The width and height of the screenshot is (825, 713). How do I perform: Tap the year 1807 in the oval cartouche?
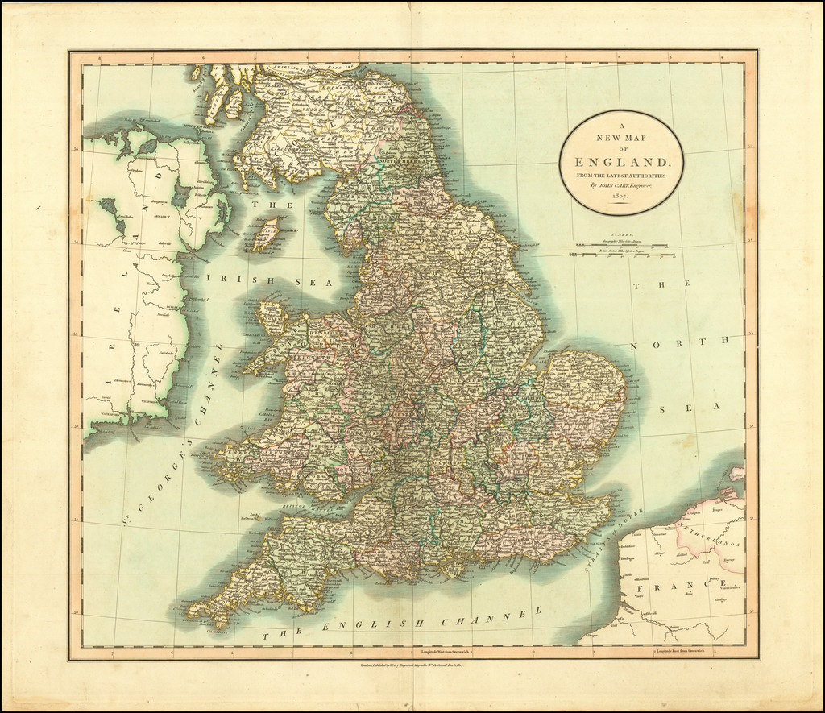click(620, 197)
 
